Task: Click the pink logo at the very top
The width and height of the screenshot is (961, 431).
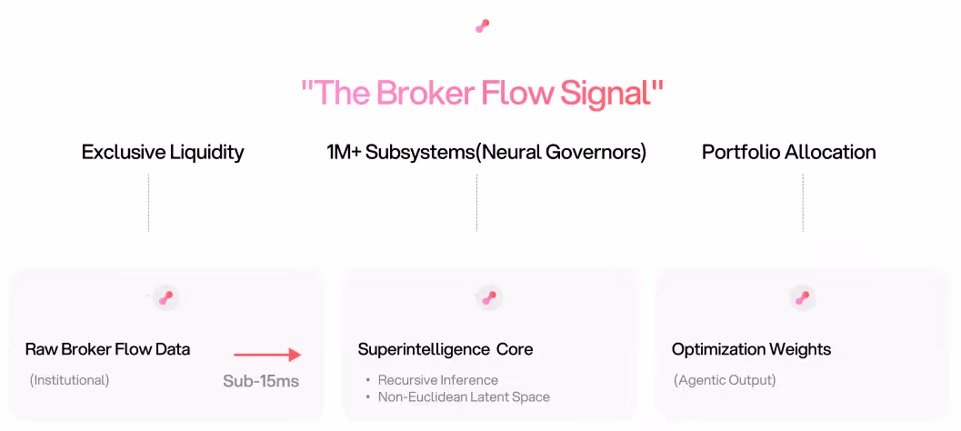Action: [x=482, y=26]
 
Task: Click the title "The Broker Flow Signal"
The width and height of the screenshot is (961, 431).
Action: [x=482, y=93]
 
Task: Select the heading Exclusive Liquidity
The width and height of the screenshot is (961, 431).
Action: [x=163, y=152]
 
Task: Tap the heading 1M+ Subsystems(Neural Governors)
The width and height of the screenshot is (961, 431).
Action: [x=486, y=152]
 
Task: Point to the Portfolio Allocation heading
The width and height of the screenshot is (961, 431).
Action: [x=788, y=152]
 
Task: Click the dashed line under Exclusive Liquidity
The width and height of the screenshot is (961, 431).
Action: [x=148, y=203]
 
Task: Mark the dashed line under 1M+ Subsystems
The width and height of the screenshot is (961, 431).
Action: [x=476, y=203]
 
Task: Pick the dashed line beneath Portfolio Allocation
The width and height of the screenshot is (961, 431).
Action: [x=803, y=203]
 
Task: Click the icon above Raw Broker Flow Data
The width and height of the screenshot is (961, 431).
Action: [x=165, y=297]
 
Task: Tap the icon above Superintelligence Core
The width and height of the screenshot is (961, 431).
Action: [x=489, y=297]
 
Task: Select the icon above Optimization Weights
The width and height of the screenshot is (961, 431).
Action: [x=802, y=297]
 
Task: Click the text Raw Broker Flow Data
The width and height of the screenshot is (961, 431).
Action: [x=107, y=349]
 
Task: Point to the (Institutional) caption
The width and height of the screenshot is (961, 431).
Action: [x=69, y=380]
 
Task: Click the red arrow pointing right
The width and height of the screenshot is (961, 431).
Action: [x=266, y=356]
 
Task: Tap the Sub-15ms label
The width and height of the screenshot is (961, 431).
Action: [x=261, y=381]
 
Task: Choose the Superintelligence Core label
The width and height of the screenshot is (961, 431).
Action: [x=445, y=349]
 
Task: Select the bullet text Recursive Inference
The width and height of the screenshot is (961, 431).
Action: [x=438, y=380]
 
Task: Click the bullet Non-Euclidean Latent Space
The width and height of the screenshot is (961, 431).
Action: [x=464, y=396]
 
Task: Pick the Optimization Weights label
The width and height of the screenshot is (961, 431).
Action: [x=751, y=349]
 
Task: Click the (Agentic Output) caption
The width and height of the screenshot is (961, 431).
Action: [x=725, y=380]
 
